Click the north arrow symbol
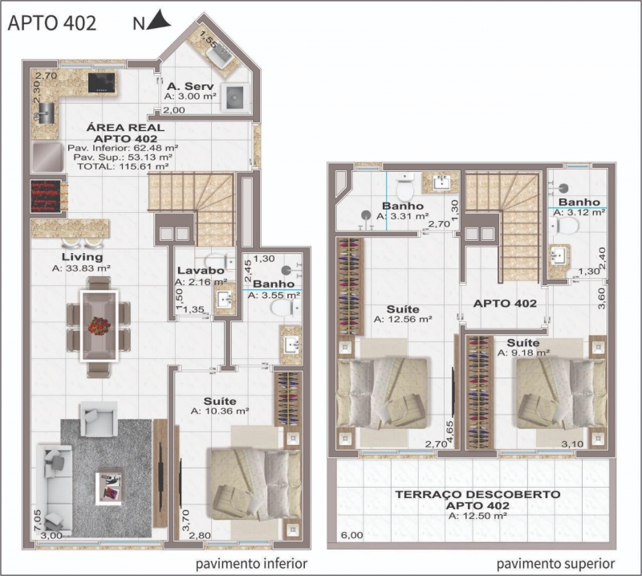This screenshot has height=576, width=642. pos(159,21)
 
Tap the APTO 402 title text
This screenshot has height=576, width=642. pos(52,23)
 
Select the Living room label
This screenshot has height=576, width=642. pos(83,257)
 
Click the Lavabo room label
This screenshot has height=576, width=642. pos(201,271)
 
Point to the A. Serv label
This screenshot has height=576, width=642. pos(190,87)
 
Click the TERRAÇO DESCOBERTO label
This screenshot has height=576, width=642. pos(477,494)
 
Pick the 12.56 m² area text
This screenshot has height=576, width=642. pos(403,319)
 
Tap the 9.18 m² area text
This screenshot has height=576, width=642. pos(523,353)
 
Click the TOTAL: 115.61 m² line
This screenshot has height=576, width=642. pos(123,166)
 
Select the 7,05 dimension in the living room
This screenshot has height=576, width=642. pos(38,521)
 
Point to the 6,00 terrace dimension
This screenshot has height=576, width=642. pos(351,535)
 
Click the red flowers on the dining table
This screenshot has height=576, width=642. pos(99,326)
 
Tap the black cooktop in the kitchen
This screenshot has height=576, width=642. pos(103,82)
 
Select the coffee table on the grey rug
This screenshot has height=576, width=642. pos(109,488)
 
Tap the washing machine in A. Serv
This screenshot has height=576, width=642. pos(235,97)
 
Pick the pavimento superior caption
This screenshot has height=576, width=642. pos(555,564)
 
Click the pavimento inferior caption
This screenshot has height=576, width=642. pos(251,564)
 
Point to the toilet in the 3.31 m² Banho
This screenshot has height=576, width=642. pos(406,186)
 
